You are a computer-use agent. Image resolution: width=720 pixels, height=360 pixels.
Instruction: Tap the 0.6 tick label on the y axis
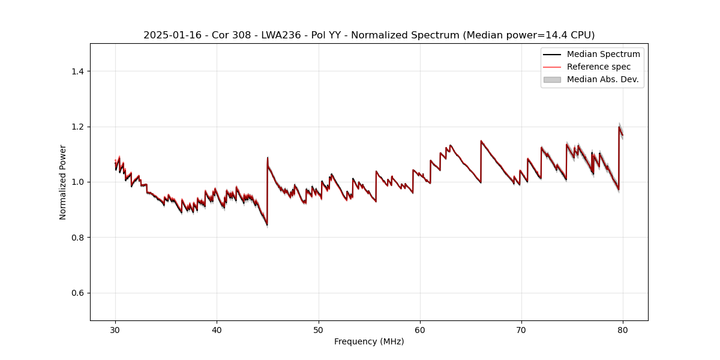point(77,293)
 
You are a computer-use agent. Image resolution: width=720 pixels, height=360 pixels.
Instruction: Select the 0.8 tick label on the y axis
point(77,238)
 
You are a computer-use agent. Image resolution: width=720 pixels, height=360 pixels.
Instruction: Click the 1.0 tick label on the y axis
point(77,182)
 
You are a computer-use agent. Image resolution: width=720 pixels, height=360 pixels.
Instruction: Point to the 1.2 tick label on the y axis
point(77,127)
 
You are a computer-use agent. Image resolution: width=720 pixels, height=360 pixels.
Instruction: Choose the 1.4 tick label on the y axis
point(77,71)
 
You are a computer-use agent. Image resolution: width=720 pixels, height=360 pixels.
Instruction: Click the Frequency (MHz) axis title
point(369,341)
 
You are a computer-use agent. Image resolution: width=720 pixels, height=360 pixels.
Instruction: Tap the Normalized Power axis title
point(63,182)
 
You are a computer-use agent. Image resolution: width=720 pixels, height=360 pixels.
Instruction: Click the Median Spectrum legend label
point(603,54)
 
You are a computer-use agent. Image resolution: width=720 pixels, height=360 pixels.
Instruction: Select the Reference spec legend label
point(598,67)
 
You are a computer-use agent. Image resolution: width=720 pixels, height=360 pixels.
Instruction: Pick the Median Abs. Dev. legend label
point(602,79)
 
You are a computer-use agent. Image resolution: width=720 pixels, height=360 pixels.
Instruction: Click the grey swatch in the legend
point(552,79)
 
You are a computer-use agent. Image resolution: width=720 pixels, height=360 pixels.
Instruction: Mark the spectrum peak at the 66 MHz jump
point(481,141)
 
